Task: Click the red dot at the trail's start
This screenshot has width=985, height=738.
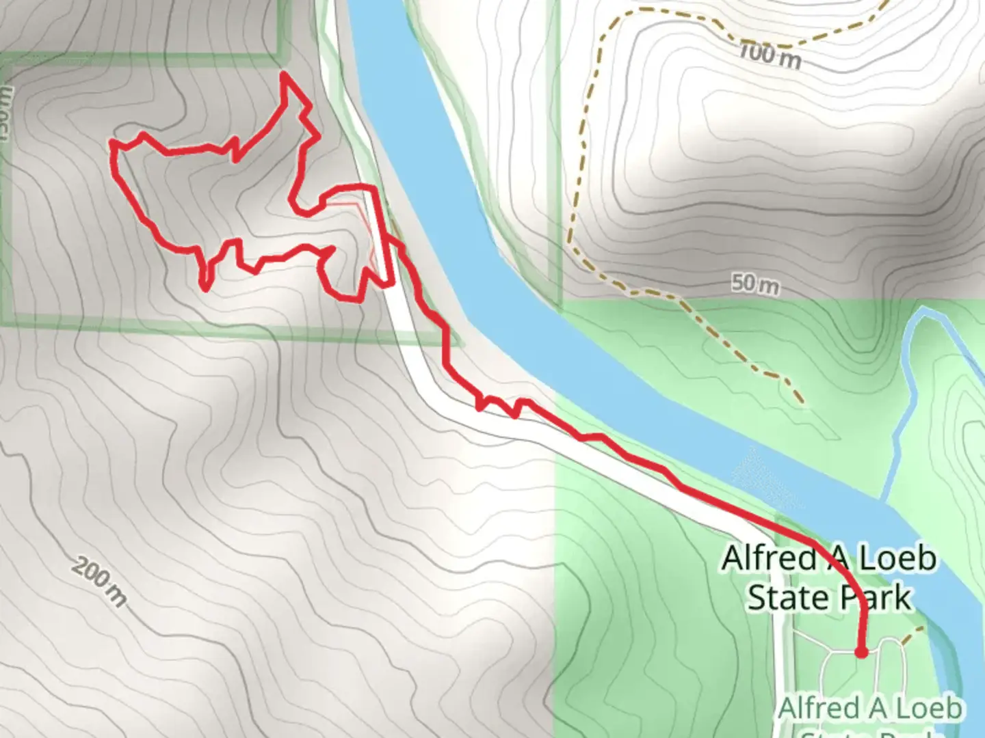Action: (861, 653)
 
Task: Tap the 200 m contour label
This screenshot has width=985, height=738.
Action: (100, 582)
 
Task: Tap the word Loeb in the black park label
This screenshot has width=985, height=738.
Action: (897, 558)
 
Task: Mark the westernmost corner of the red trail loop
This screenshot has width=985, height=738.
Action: (111, 144)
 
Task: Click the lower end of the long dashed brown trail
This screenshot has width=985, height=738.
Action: (799, 400)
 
